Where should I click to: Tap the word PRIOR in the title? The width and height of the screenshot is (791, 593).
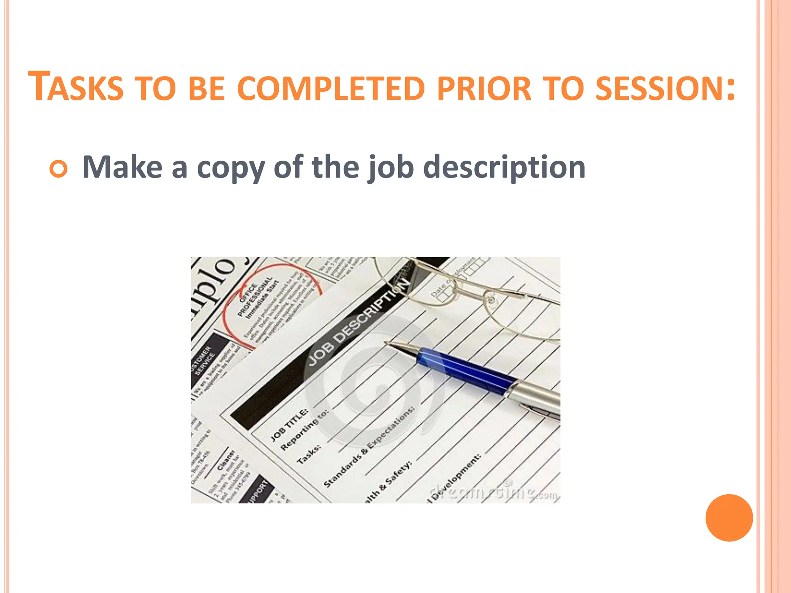[484, 89]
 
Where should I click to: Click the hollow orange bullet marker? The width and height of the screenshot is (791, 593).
[59, 169]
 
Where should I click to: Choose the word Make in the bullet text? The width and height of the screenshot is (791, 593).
[122, 167]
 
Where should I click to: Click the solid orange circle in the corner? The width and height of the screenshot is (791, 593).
[729, 518]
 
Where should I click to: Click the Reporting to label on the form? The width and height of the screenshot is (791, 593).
[304, 429]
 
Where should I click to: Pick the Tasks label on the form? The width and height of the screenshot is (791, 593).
[309, 454]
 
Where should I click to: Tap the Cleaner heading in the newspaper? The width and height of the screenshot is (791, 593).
[226, 459]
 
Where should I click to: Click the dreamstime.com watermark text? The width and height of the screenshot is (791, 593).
[494, 492]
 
